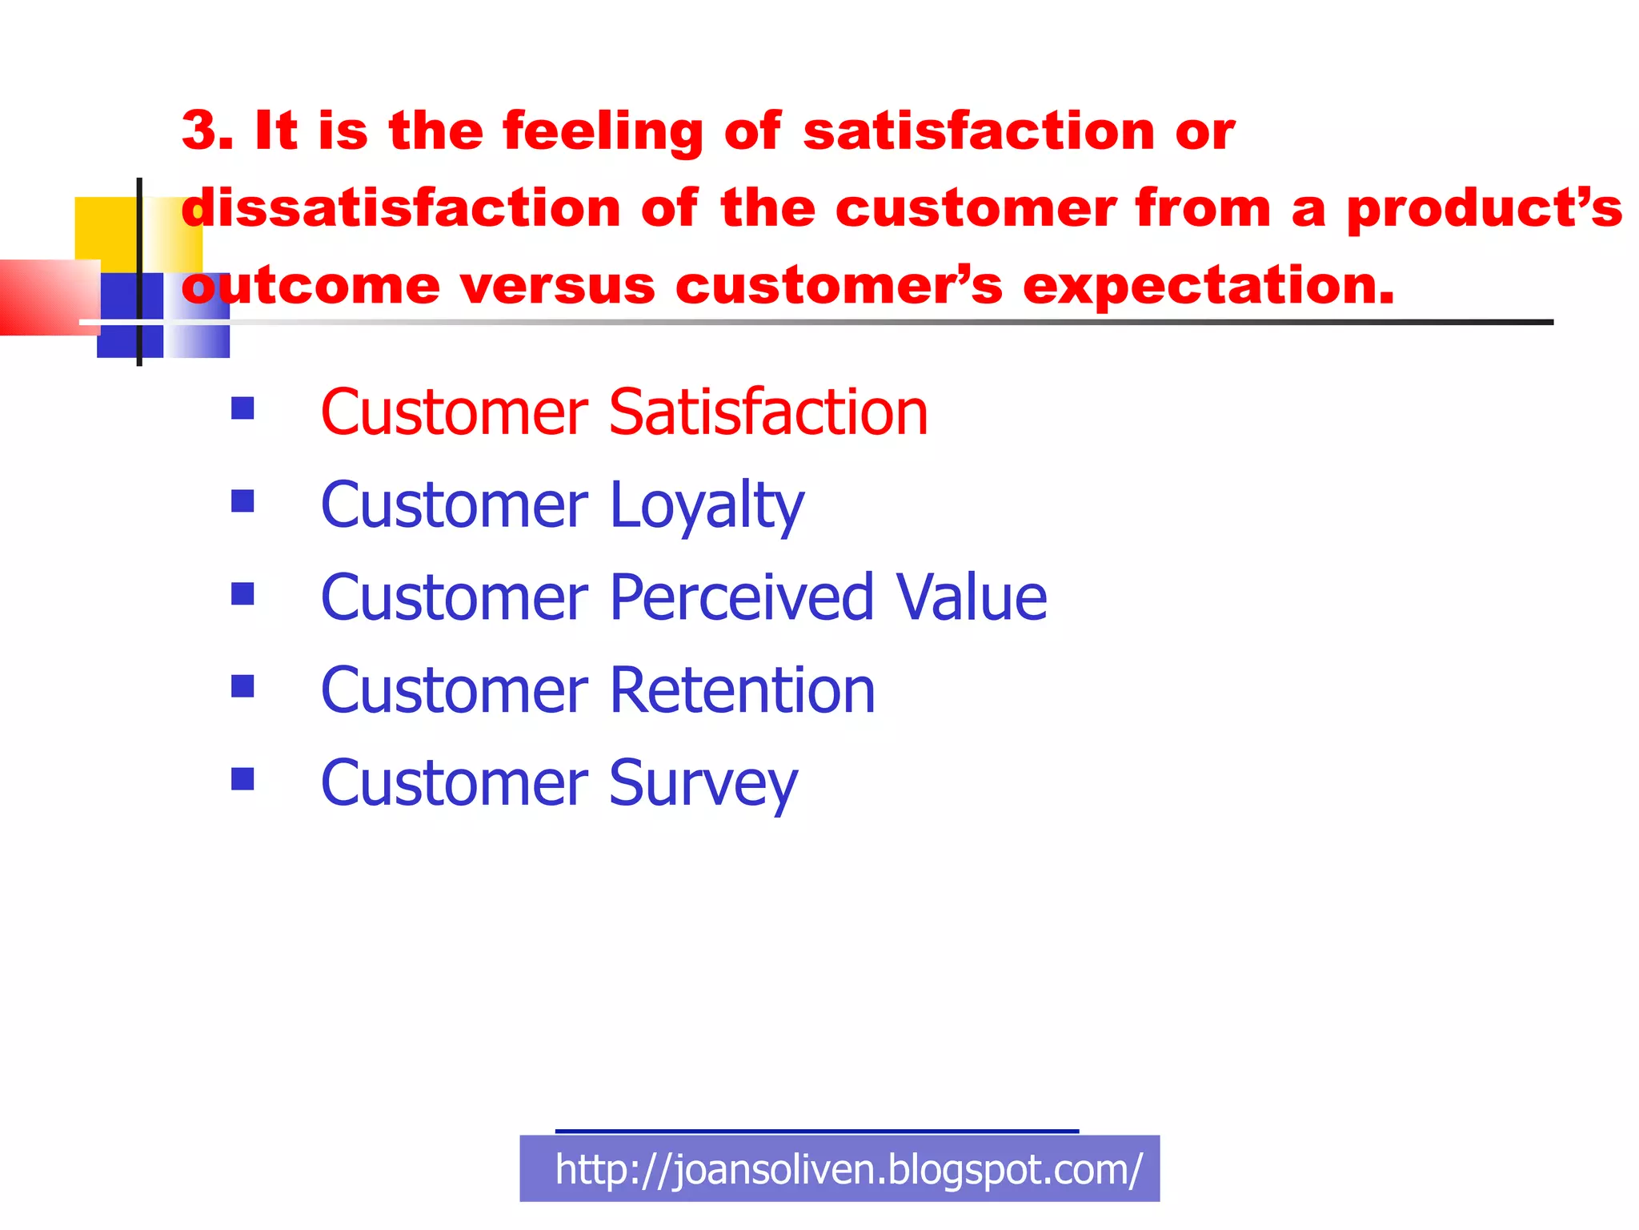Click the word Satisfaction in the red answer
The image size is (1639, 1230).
tap(767, 412)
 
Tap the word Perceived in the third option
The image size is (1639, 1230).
tap(740, 598)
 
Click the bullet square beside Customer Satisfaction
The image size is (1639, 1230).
tap(242, 408)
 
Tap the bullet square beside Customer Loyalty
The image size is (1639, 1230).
tap(242, 501)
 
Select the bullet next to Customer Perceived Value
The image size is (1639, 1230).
tap(242, 593)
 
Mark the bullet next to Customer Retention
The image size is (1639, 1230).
tap(242, 686)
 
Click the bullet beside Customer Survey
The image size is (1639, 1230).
tap(242, 778)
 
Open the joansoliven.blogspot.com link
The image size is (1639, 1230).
tap(848, 1170)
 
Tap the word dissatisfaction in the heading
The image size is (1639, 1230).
tap(401, 208)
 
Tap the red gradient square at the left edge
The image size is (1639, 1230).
tap(44, 296)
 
